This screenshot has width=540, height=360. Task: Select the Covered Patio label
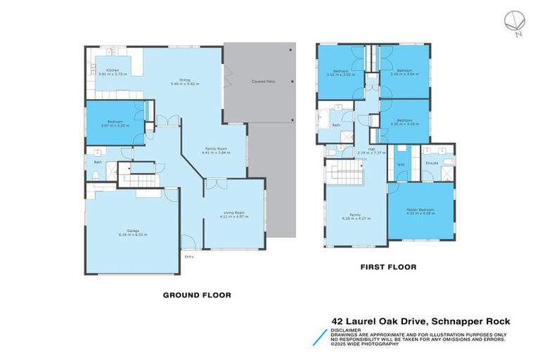(263, 82)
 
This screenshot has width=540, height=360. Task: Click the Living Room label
(234, 214)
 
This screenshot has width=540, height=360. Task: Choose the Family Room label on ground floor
(216, 151)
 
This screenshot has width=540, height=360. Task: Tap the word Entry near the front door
(189, 257)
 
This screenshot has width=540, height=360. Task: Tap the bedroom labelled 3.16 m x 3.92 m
(341, 72)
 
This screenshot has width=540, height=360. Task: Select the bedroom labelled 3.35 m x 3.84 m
(404, 72)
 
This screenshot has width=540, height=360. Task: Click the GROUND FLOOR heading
(196, 295)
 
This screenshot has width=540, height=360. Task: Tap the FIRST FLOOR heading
(388, 267)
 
